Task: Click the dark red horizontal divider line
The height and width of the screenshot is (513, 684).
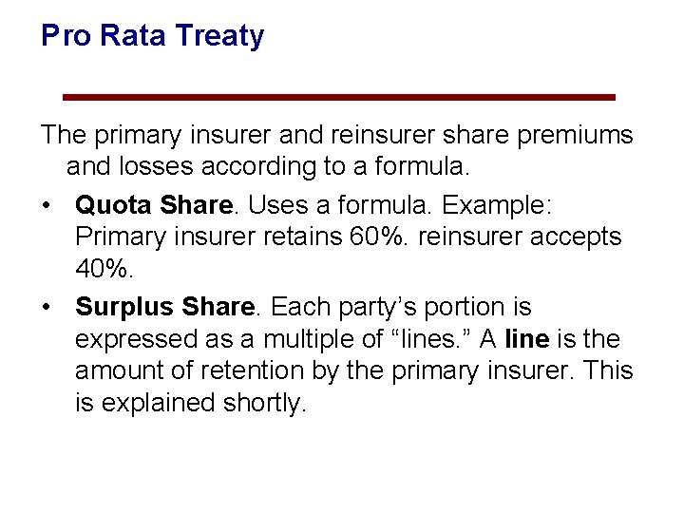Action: coord(338,97)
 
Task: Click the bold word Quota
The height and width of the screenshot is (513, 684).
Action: coord(114,204)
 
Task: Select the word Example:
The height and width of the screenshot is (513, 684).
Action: coord(497,204)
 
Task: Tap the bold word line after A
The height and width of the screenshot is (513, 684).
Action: coord(526,339)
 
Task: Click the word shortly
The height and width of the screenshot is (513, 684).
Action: coord(260,404)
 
